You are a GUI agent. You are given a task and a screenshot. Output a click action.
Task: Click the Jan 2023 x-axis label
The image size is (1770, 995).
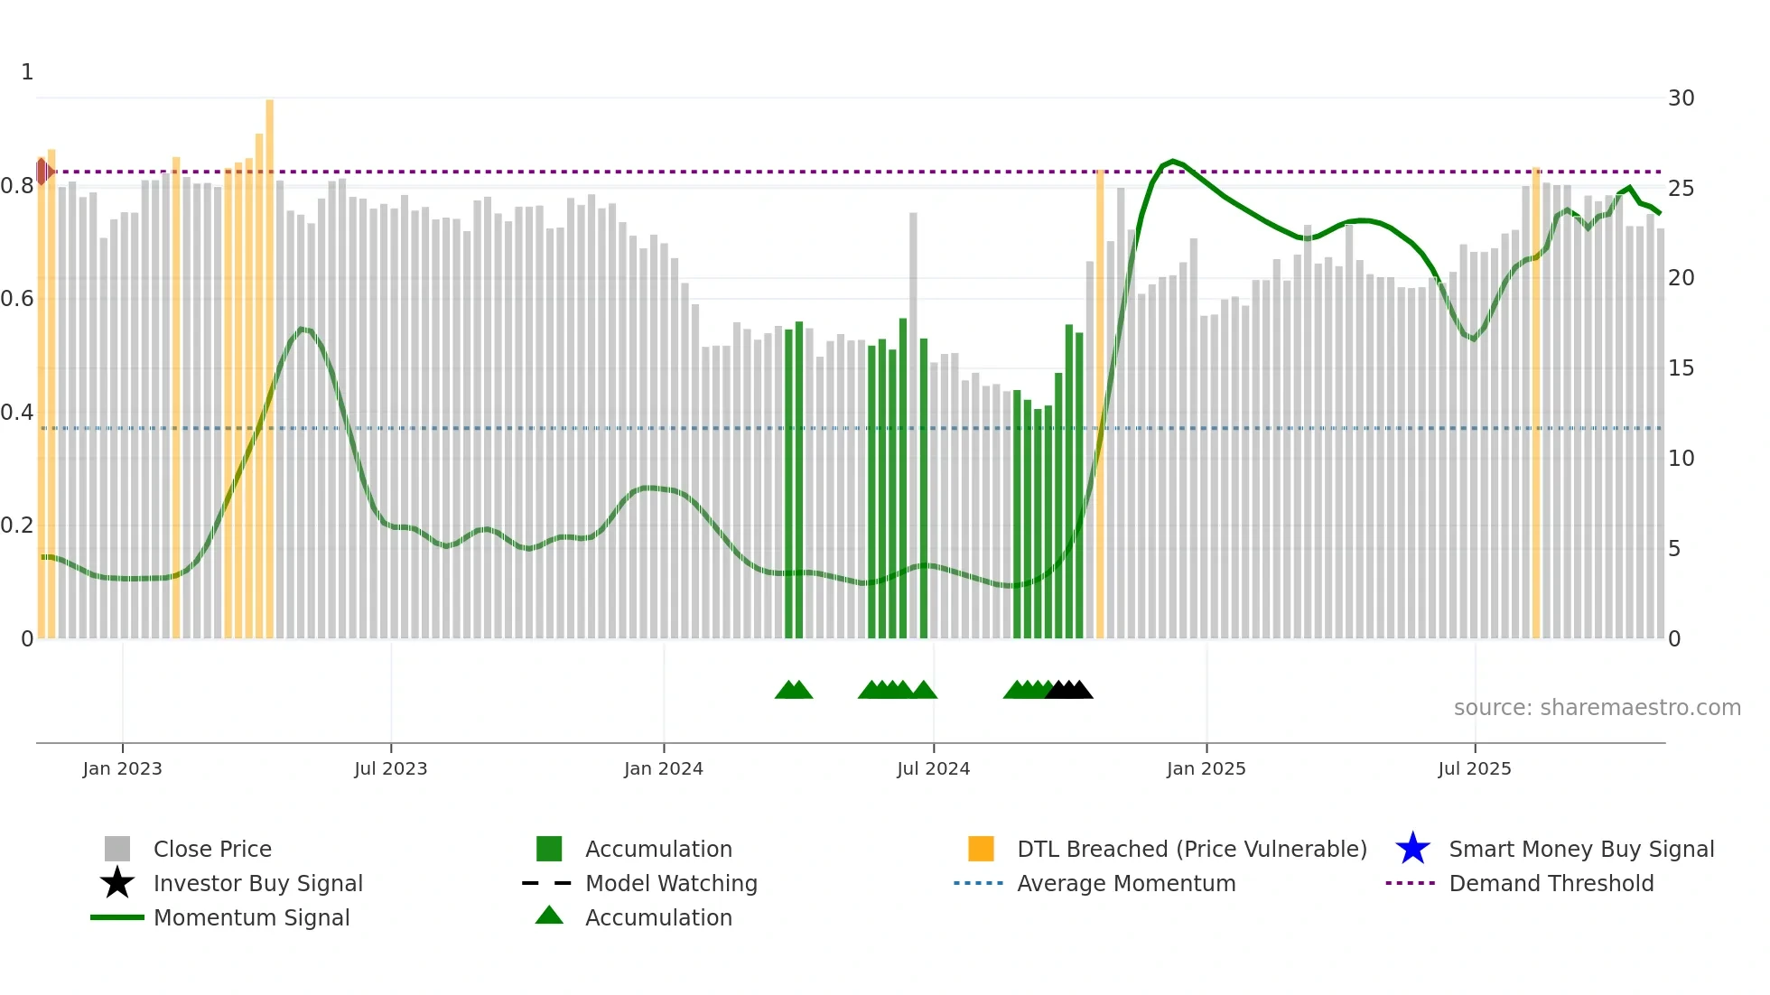pyautogui.click(x=122, y=768)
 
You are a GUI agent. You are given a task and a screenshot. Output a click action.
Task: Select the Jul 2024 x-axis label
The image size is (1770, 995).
pyautogui.click(x=933, y=768)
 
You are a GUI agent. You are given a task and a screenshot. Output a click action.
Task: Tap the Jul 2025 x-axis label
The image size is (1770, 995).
pyautogui.click(x=1474, y=768)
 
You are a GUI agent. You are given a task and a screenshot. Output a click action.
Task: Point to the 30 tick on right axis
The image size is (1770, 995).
pyautogui.click(x=1681, y=98)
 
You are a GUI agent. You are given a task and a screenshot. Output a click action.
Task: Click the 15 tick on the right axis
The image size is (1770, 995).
pyautogui.click(x=1681, y=368)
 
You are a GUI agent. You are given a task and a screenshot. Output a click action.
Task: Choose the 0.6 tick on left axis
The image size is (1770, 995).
pyautogui.click(x=17, y=299)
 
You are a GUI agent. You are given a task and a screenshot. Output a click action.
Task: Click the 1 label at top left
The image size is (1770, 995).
pyautogui.click(x=27, y=72)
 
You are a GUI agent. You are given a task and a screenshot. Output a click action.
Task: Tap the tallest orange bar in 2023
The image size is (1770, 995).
pyautogui.click(x=269, y=361)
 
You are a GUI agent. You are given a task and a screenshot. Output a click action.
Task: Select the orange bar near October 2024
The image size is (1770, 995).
pyautogui.click(x=1100, y=406)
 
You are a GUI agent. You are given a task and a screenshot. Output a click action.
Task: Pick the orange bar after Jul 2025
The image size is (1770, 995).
pyautogui.click(x=1535, y=406)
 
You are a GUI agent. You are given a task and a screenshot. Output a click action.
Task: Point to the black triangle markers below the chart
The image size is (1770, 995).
pyautogui.click(x=1069, y=690)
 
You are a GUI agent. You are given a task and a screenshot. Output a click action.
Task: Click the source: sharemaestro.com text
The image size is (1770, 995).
pyautogui.click(x=1597, y=708)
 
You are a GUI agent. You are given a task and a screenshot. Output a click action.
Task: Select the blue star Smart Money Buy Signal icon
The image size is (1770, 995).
pyautogui.click(x=1412, y=849)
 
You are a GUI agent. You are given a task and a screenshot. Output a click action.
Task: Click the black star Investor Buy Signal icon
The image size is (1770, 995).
pyautogui.click(x=117, y=883)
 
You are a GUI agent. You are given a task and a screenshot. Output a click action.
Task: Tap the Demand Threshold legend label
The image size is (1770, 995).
pyautogui.click(x=1551, y=883)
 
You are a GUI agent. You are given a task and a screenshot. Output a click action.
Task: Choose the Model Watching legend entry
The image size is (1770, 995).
pyautogui.click(x=670, y=883)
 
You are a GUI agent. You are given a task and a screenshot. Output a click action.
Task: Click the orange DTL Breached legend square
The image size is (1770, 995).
pyautogui.click(x=981, y=849)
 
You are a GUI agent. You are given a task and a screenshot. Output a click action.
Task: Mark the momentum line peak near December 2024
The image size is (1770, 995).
pyautogui.click(x=1172, y=161)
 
